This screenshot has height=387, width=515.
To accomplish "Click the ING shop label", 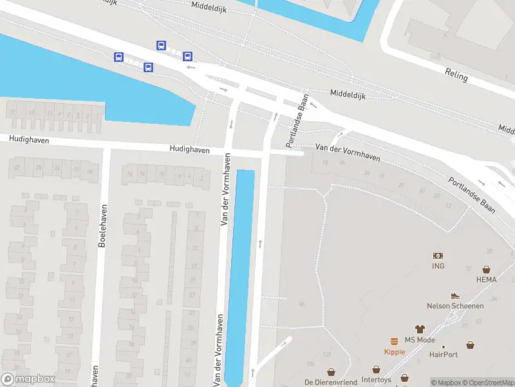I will [x=438, y=266].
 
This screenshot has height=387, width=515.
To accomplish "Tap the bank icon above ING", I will [x=438, y=256].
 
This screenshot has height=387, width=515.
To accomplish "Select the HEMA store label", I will [x=487, y=279].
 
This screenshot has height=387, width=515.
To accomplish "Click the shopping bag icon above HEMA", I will [x=487, y=269].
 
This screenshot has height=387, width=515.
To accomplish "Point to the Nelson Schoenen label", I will [x=455, y=306].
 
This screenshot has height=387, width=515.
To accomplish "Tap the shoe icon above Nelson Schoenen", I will [x=455, y=295].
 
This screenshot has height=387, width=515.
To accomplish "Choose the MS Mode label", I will [x=420, y=340].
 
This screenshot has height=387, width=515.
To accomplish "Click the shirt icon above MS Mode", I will [x=420, y=329].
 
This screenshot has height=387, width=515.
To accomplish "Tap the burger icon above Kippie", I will [x=393, y=341].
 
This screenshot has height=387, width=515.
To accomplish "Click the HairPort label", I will [x=444, y=354].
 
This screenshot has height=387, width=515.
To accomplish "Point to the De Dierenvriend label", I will [x=331, y=382].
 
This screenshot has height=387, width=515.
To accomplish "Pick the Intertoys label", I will [x=376, y=380].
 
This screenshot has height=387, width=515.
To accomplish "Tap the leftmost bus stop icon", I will [x=118, y=57].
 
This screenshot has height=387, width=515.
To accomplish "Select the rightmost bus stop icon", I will [x=187, y=56].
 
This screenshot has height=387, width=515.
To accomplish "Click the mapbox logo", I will [x=28, y=379].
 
